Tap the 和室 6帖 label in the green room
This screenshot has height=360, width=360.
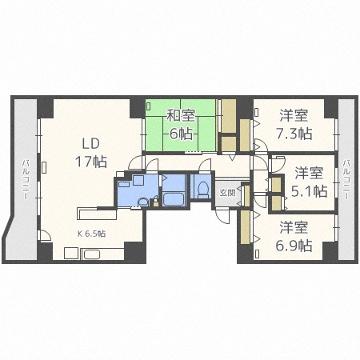(x=180, y=124)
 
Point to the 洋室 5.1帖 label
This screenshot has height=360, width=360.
(x=309, y=182)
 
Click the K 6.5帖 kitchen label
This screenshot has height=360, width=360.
(x=91, y=234)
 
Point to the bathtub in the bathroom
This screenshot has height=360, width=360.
(x=174, y=198)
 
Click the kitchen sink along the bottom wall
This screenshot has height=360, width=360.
(x=91, y=254)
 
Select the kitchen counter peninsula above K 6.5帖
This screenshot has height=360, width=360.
(x=96, y=213)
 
